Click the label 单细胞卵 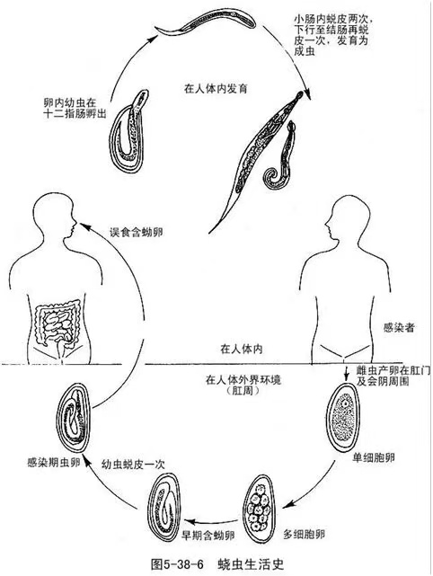coord(374,457)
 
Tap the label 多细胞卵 coord(305,534)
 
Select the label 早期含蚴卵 coord(208,536)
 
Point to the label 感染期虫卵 coord(54,462)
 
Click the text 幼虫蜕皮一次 coord(133,465)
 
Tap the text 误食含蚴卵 coord(137,232)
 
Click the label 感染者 coord(399,327)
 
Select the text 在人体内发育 coord(216,89)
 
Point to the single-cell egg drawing coord(343,415)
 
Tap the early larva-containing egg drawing coord(163,508)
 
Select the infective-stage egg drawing coord(74,418)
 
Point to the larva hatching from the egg coord(129,131)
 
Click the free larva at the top coord(206,22)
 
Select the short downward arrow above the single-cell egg coord(346,374)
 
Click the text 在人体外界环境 coord(243,379)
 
